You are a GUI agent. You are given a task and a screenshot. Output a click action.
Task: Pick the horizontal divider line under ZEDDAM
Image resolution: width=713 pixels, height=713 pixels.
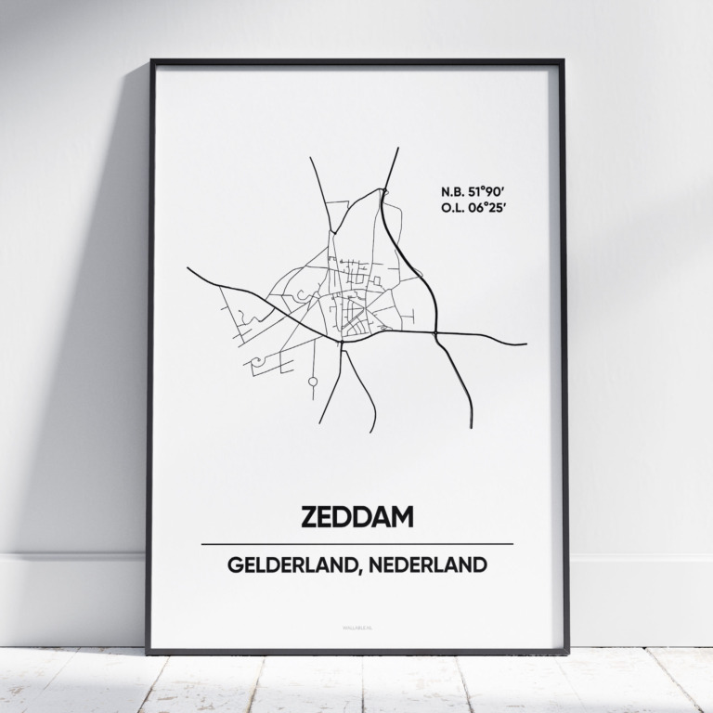[x=356, y=544]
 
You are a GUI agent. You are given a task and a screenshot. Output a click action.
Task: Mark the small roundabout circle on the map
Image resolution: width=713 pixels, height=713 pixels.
[x=313, y=381]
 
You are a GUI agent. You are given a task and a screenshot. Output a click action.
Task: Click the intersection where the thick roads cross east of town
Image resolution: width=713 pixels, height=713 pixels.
[x=436, y=332]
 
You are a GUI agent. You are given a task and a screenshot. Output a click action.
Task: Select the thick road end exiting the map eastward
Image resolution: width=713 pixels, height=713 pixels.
[x=525, y=344]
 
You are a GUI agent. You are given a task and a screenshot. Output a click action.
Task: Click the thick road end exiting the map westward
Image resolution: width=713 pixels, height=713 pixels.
[x=188, y=268]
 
